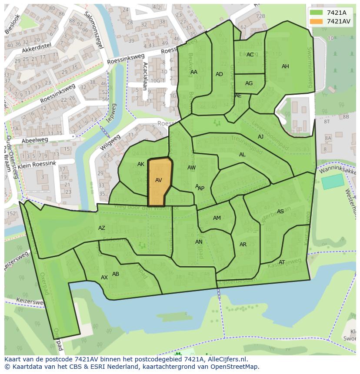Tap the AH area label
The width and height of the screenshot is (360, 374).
pos(285,66)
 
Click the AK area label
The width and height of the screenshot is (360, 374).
pos(141,164)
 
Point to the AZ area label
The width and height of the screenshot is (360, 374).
pos(102,228)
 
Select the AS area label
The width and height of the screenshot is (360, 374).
pos(280,212)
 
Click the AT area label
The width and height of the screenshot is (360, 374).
pos(282,262)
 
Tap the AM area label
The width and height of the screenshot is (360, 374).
pos(217,218)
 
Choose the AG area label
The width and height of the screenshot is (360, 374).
pos(249,83)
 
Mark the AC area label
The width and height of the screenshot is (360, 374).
pos(250,55)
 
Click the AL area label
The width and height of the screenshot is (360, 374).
pos(242,155)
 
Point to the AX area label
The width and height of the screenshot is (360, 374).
pos(104,278)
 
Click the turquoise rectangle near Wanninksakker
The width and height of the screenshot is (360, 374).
pos(332,182)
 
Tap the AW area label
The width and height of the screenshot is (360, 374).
pos(191,168)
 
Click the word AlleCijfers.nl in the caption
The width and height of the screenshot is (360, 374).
pos(226,360)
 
